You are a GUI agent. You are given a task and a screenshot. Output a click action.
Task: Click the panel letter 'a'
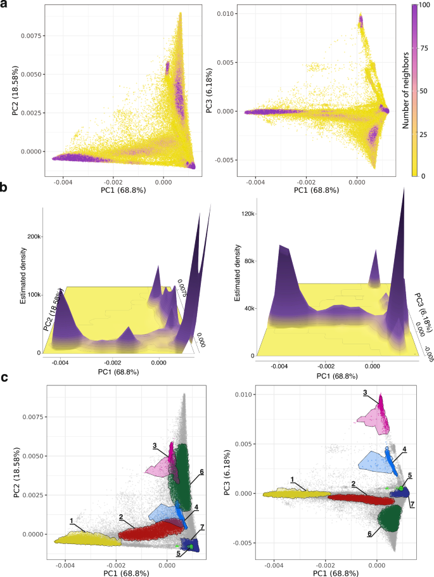[x=5, y=6]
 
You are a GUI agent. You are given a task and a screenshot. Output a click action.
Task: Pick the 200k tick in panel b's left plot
[x=34, y=237]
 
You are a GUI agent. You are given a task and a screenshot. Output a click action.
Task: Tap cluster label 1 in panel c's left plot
[x=71, y=520]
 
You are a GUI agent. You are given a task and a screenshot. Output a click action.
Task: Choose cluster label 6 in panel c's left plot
[x=201, y=472]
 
